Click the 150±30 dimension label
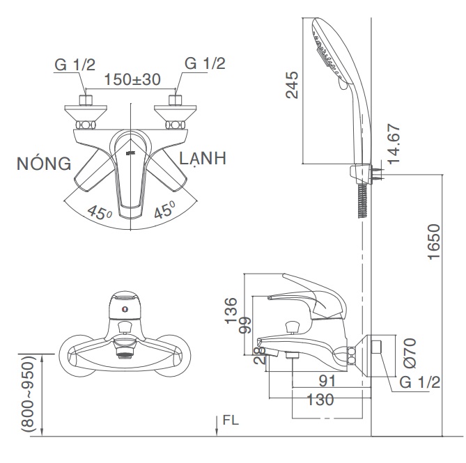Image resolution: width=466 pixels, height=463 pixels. [x=132, y=79]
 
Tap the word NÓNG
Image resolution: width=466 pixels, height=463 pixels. [x=45, y=164]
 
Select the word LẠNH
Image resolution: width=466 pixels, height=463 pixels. [x=203, y=158]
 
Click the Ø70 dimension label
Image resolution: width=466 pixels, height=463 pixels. [x=410, y=352]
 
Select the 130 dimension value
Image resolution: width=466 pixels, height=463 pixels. [x=320, y=400]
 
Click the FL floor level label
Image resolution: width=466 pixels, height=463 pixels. [x=231, y=421]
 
